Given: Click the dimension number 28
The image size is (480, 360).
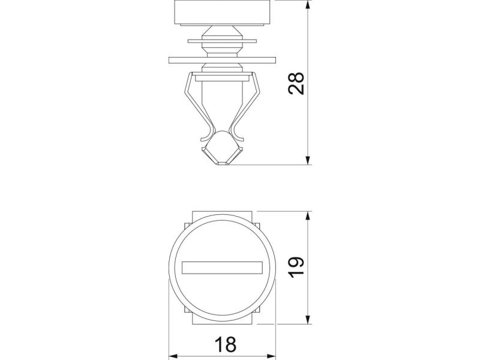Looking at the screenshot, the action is pyautogui.click(x=296, y=83).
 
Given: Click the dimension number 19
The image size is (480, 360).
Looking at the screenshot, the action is pyautogui.click(x=296, y=267).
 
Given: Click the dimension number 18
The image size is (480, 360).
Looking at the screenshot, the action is pyautogui.click(x=226, y=344).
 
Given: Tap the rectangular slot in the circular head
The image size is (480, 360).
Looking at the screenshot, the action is pyautogui.click(x=222, y=268).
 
